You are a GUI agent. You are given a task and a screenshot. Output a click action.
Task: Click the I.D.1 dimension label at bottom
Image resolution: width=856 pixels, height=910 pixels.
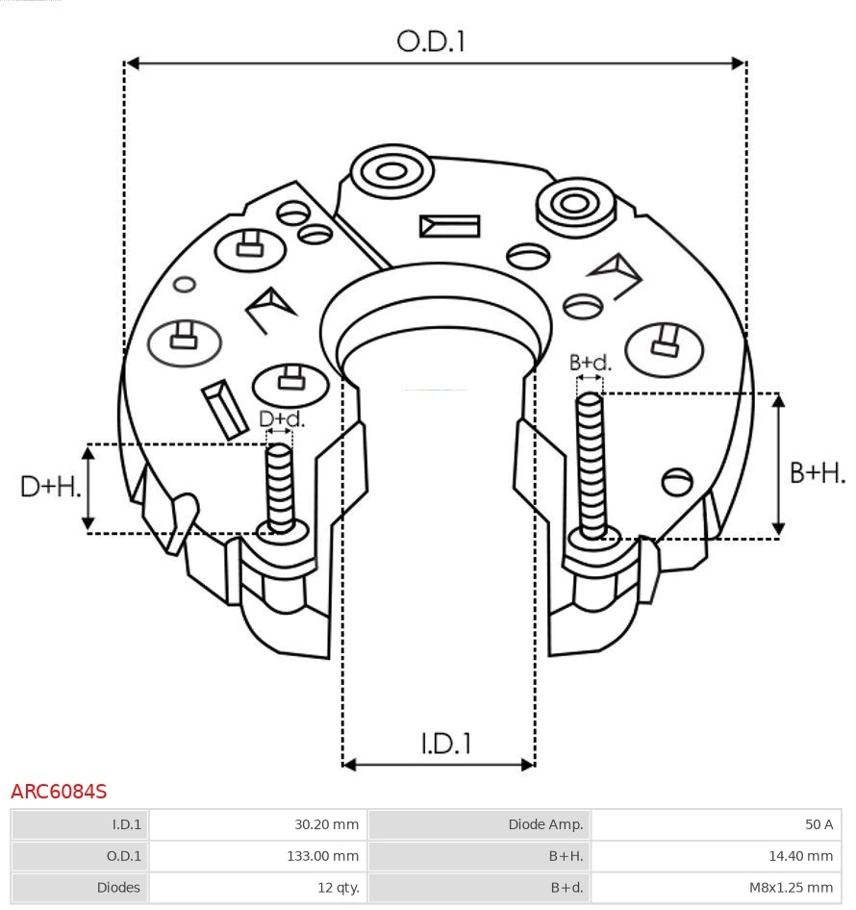(445, 743)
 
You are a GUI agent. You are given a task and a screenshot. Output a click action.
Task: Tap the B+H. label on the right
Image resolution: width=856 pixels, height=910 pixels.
(817, 472)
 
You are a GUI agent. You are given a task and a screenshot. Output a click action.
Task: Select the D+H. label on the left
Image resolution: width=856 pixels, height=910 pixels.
(50, 487)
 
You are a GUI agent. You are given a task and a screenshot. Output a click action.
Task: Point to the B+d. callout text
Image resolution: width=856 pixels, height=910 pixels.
(590, 363)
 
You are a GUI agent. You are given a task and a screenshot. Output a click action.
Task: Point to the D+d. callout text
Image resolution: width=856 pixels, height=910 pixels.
(282, 418)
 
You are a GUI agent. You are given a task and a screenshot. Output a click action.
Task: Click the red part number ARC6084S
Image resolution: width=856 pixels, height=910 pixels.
(59, 792)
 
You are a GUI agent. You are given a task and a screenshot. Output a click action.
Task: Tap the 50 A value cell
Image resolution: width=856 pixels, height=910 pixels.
(716, 824)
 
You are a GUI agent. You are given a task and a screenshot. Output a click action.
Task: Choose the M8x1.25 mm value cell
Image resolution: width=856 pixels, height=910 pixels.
(716, 887)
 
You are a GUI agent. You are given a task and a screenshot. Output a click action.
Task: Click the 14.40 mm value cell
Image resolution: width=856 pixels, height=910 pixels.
(716, 855)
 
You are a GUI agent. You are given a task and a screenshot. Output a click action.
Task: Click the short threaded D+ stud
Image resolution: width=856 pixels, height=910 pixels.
(280, 486)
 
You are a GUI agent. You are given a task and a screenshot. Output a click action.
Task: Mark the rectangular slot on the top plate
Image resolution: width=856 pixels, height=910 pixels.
(449, 227)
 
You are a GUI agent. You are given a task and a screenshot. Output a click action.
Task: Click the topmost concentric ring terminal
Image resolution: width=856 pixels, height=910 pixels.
(390, 173)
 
